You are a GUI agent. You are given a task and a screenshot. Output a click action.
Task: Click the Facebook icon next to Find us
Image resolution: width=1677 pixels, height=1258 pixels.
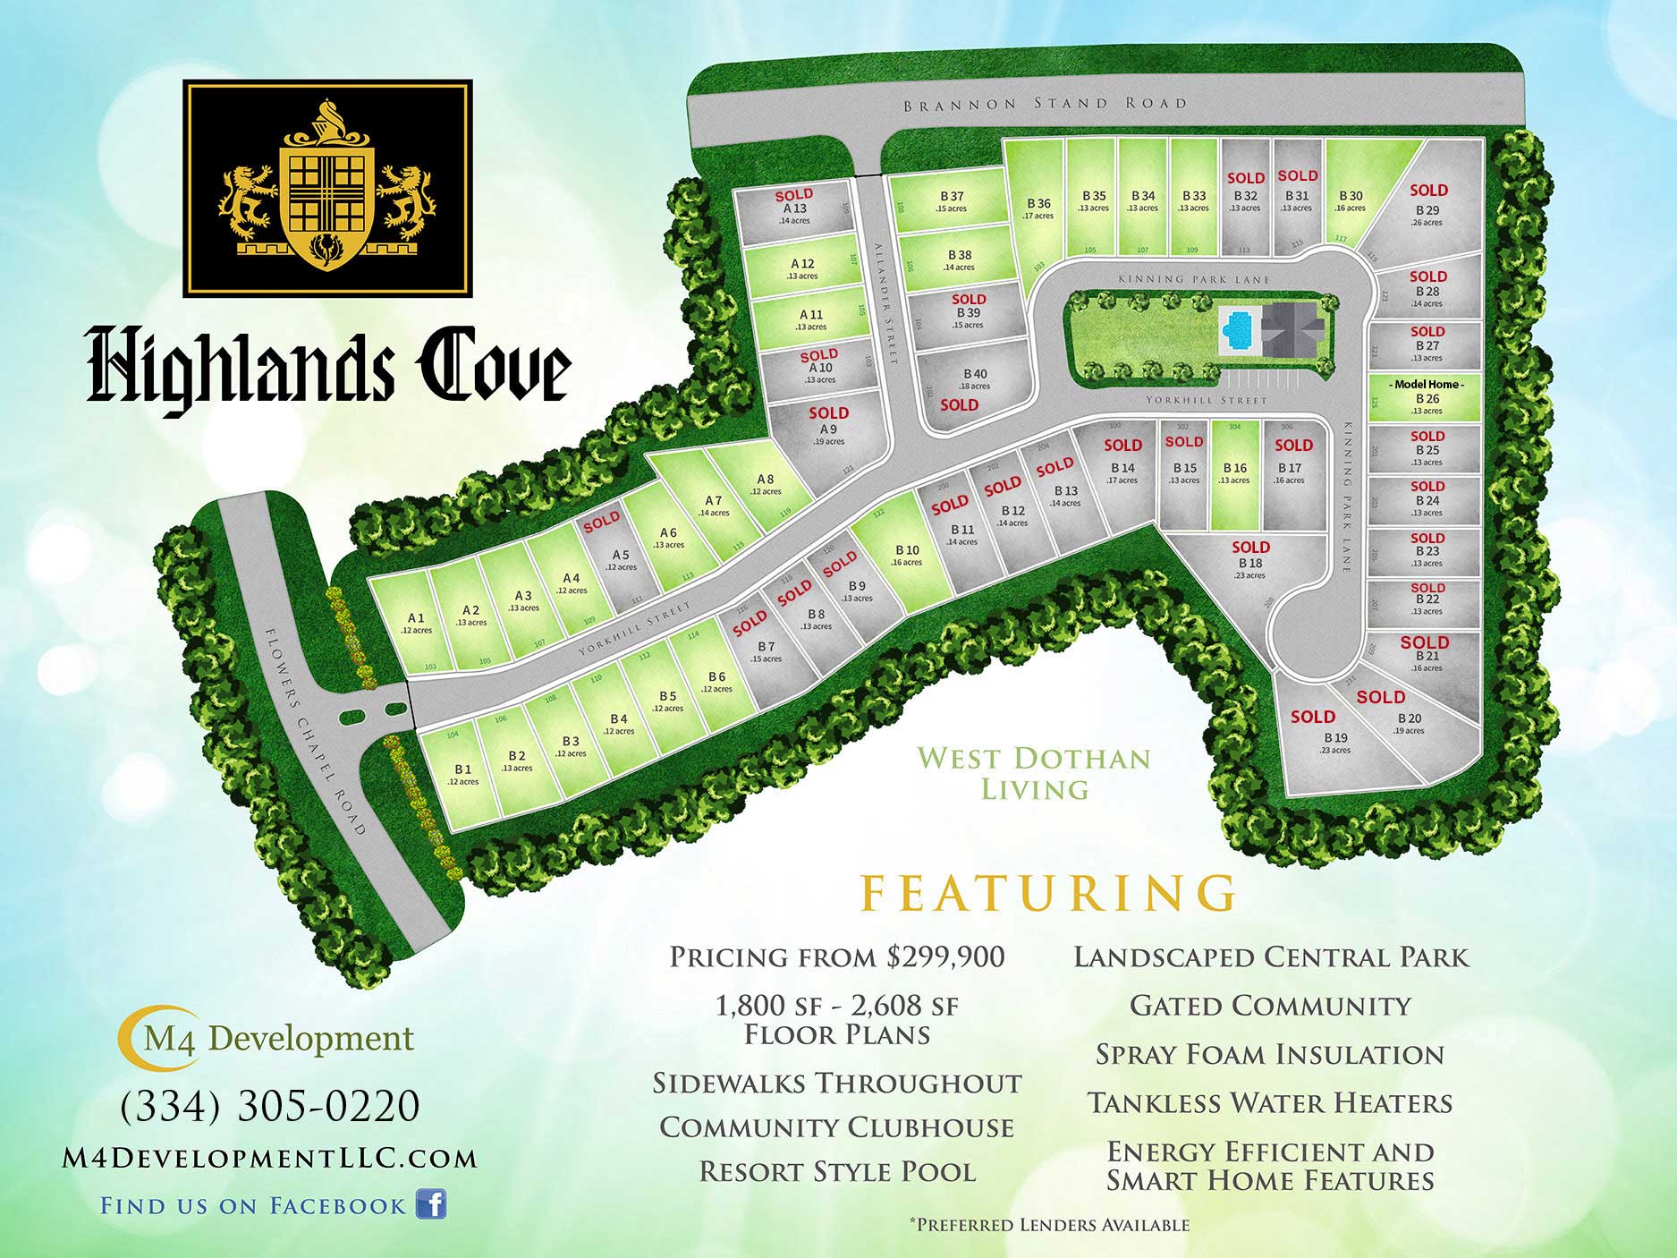point(431,1204)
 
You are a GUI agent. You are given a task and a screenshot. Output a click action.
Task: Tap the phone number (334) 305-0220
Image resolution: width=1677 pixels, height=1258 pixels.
point(270,1106)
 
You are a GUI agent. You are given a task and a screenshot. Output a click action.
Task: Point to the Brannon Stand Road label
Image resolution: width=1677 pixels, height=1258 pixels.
point(1045,104)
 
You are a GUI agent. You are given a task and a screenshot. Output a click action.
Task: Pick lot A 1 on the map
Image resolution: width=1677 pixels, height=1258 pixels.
point(416,622)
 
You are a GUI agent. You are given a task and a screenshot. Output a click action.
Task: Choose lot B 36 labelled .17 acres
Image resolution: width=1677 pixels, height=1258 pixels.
point(1038,208)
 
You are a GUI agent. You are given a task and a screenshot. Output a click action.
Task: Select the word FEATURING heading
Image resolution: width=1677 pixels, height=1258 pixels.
point(1048,892)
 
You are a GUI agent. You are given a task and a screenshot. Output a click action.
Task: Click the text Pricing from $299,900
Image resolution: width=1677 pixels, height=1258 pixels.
point(837,957)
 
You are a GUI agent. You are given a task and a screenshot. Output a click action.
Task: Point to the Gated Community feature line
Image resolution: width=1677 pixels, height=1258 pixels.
point(1270,1006)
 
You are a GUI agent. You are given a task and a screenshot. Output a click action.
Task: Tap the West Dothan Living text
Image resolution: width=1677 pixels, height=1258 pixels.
point(1035,773)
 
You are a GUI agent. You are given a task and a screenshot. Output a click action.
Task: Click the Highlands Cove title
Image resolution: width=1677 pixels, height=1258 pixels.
point(328,367)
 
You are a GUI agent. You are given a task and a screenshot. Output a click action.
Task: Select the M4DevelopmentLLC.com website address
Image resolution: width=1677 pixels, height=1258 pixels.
point(270,1159)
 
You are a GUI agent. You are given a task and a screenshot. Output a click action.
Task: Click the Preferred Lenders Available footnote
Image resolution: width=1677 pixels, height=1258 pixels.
point(1048,1224)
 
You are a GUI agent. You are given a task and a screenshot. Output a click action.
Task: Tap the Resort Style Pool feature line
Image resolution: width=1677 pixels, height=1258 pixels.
point(837,1172)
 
